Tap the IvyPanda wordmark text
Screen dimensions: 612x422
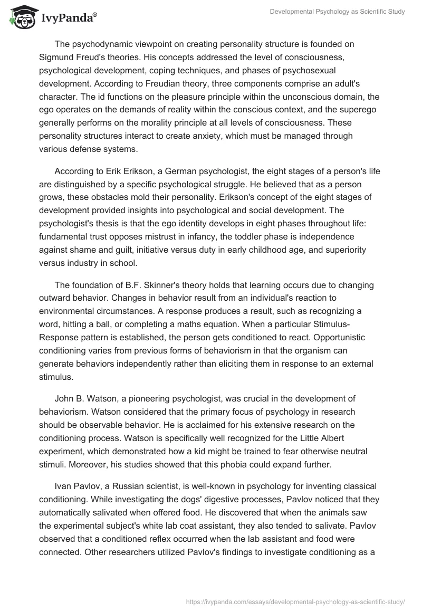(x=68, y=18)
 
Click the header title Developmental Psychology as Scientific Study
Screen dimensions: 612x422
(x=337, y=11)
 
